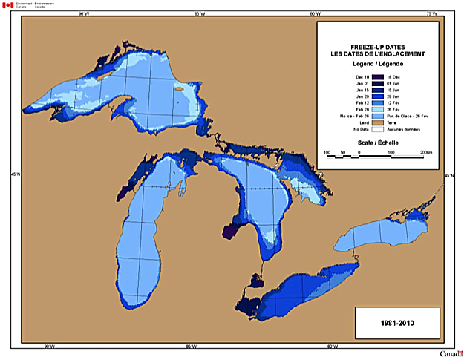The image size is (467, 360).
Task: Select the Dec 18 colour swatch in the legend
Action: coord(377,77)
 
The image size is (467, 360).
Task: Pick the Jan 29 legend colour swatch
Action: coord(377,96)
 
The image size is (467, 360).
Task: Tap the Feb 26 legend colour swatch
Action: coord(377,110)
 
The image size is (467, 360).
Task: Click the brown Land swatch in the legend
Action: coord(377,122)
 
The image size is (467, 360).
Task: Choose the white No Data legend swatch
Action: coord(377,129)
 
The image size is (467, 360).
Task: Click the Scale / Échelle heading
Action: coord(377,142)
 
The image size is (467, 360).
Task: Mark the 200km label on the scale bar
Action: coord(425,151)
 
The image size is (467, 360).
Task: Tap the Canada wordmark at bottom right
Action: coord(451,353)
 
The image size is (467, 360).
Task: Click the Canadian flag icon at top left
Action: coord(8,5)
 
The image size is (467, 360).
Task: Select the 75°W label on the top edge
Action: coord(431,13)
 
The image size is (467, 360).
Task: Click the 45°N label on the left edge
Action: coord(14,176)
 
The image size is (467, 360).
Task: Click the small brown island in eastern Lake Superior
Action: coord(180,91)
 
